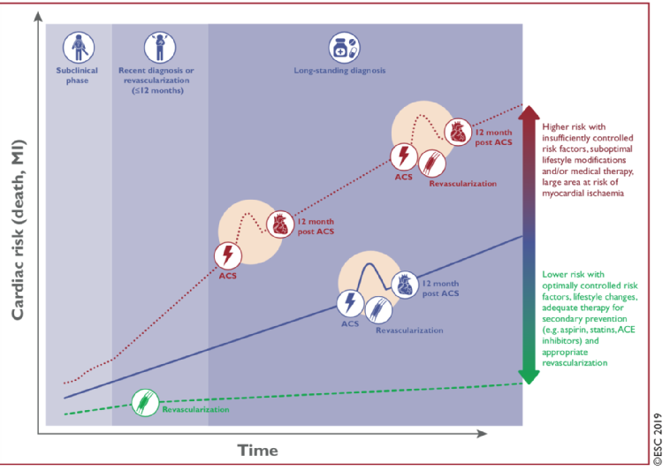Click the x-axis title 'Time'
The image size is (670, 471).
(257, 451)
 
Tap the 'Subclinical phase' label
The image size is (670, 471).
(78, 73)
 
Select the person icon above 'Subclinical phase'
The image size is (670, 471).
(78, 44)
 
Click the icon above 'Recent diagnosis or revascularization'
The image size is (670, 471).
(160, 44)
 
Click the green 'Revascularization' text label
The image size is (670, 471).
(196, 410)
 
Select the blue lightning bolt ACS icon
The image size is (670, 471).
(350, 304)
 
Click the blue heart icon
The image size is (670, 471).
(404, 284)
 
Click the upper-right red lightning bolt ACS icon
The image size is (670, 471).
(404, 156)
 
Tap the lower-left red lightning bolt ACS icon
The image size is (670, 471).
(228, 256)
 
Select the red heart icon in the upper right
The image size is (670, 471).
(457, 132)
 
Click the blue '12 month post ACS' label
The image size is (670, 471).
(439, 288)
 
